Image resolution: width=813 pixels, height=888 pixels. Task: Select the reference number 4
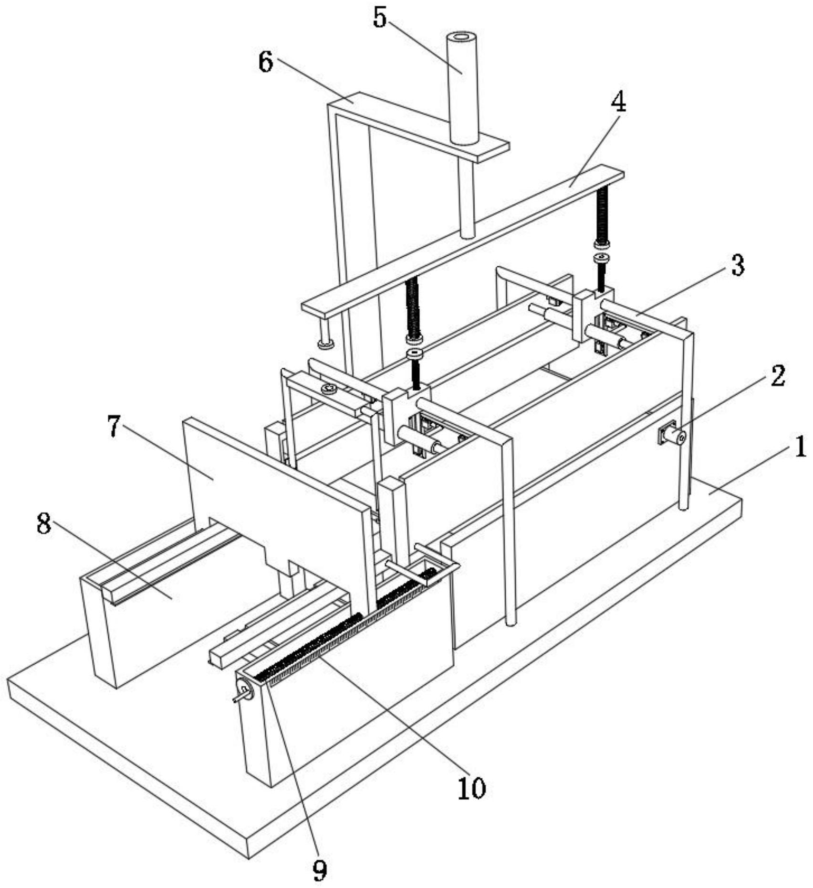click(619, 102)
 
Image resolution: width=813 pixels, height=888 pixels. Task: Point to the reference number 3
click(738, 265)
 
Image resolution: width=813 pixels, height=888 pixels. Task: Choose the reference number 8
click(44, 524)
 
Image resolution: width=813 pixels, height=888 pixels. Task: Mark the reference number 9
click(320, 871)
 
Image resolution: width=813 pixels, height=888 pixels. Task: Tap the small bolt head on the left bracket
click(329, 388)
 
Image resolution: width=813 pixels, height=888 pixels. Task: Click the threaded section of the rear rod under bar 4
click(602, 214)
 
